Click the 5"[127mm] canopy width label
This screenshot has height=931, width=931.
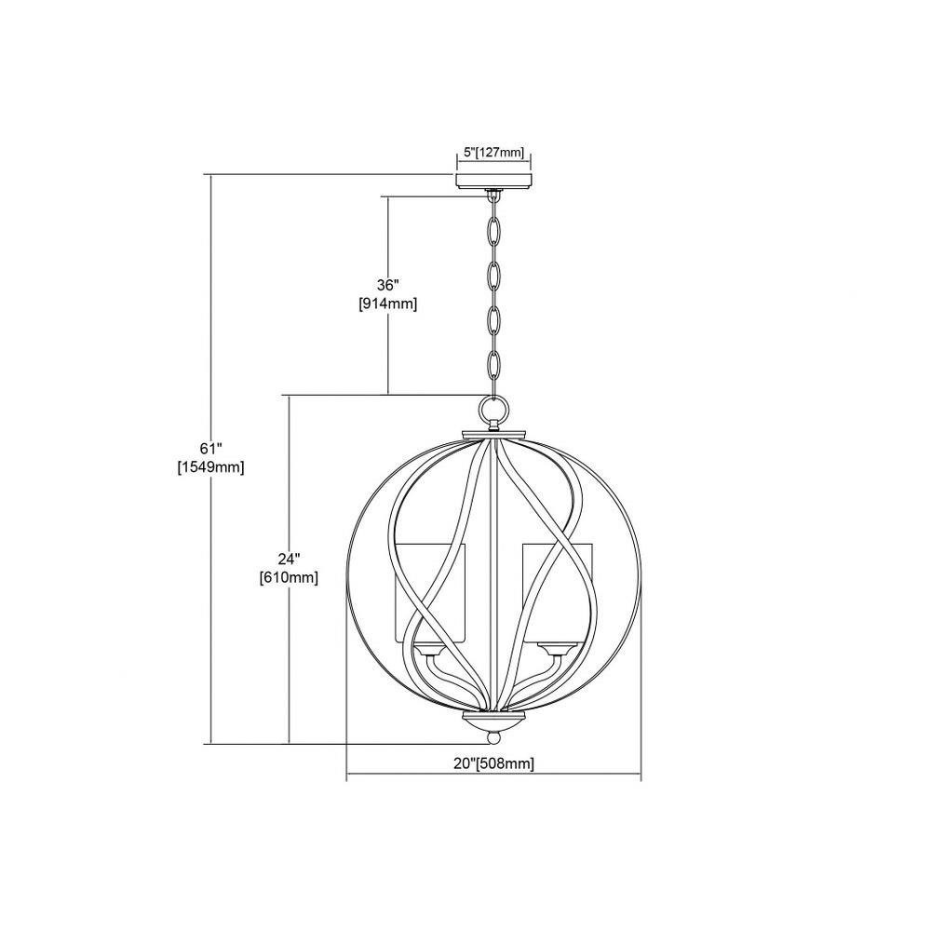click(x=493, y=153)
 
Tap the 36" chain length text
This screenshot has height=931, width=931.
click(x=389, y=284)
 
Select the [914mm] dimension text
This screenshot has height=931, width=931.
click(x=388, y=304)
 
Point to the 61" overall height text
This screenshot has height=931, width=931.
click(x=210, y=447)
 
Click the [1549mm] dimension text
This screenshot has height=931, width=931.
click(x=210, y=466)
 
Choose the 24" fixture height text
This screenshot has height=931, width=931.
click(x=290, y=559)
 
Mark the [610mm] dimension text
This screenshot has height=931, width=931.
click(x=290, y=578)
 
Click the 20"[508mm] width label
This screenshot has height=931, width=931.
click(x=494, y=763)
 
